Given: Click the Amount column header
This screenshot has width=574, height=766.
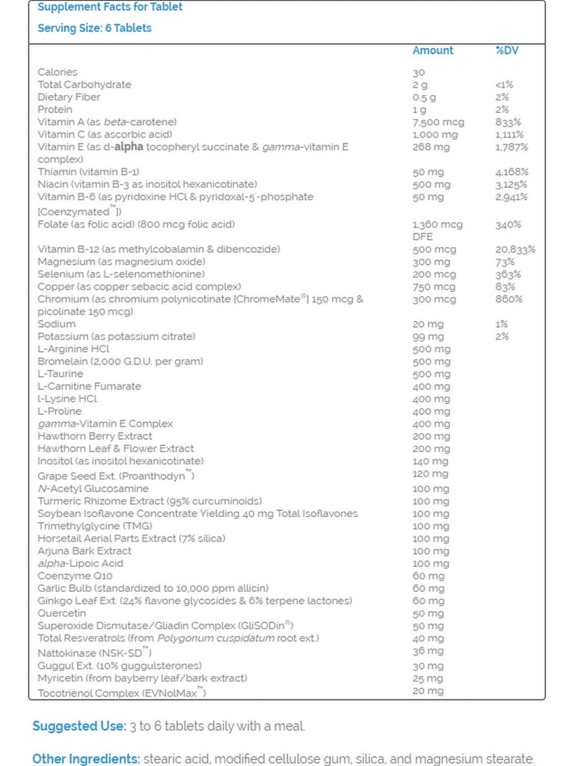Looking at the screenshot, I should coord(433,50).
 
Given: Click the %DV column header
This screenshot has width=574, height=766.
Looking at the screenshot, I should coord(507,50).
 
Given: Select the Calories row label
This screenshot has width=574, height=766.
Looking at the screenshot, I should coord(58,72).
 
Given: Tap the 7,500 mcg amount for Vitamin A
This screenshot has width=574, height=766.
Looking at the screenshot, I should coord(438,122).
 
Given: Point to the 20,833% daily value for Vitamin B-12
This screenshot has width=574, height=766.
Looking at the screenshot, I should coord(515,249).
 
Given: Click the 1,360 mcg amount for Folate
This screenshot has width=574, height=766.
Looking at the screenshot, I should coord(437,224).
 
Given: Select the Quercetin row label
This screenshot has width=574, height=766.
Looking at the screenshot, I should coord(61,613).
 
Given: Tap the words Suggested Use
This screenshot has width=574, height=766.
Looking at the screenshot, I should coord(78,726).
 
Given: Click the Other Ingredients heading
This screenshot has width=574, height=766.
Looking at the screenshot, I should coord(86,759).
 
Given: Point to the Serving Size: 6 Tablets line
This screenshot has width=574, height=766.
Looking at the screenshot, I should coord(94,28).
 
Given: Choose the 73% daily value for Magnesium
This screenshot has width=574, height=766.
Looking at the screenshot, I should coord(504,262).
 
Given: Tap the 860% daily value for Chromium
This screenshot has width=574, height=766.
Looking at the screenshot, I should coord(508,299).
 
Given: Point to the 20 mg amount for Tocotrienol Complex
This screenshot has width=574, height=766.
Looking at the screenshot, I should coord(428,690).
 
